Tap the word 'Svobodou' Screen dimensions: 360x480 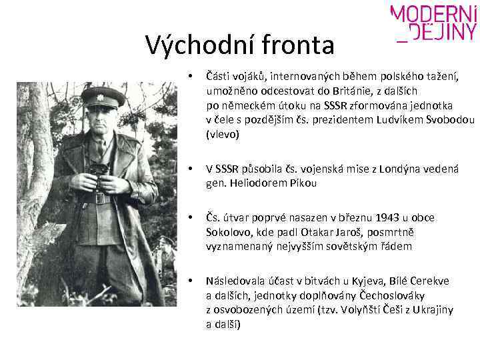click(450, 120)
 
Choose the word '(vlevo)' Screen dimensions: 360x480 click(223, 134)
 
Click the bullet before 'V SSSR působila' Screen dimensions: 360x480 click(191, 169)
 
